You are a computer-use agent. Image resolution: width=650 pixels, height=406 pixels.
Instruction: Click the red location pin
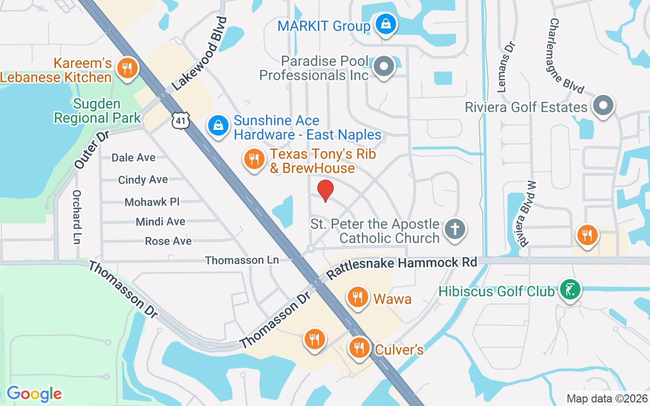coord(325,191)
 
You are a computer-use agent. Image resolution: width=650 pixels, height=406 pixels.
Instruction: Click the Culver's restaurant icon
coord(360,348)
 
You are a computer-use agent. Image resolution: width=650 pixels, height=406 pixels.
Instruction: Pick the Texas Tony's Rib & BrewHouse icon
coord(253,159)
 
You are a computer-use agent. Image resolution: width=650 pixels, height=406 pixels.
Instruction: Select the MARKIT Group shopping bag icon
coord(385,23)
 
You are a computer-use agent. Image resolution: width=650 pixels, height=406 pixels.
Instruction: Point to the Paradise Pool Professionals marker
coord(384,66)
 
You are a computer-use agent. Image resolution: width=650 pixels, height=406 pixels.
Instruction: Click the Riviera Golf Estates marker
coord(603,105)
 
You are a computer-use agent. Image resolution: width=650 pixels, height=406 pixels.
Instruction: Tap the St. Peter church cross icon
coord(454,229)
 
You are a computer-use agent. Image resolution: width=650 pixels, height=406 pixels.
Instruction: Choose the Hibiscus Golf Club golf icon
coord(570,290)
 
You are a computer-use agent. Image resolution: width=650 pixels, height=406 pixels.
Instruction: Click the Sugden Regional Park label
coord(97,111)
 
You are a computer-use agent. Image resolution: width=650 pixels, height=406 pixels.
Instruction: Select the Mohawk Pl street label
coord(152,201)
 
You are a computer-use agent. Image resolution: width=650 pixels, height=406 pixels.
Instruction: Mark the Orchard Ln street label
coord(77,217)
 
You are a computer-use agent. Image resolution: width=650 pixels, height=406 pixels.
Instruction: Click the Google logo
coord(34,394)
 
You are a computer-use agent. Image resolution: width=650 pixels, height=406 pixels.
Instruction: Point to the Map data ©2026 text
coord(607,398)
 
